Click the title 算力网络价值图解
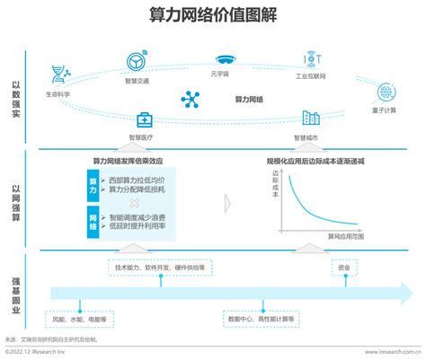pos(213,16)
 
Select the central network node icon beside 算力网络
pos(191,99)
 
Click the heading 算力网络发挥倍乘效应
pos(129,161)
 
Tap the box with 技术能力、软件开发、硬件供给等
pos(159,268)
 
